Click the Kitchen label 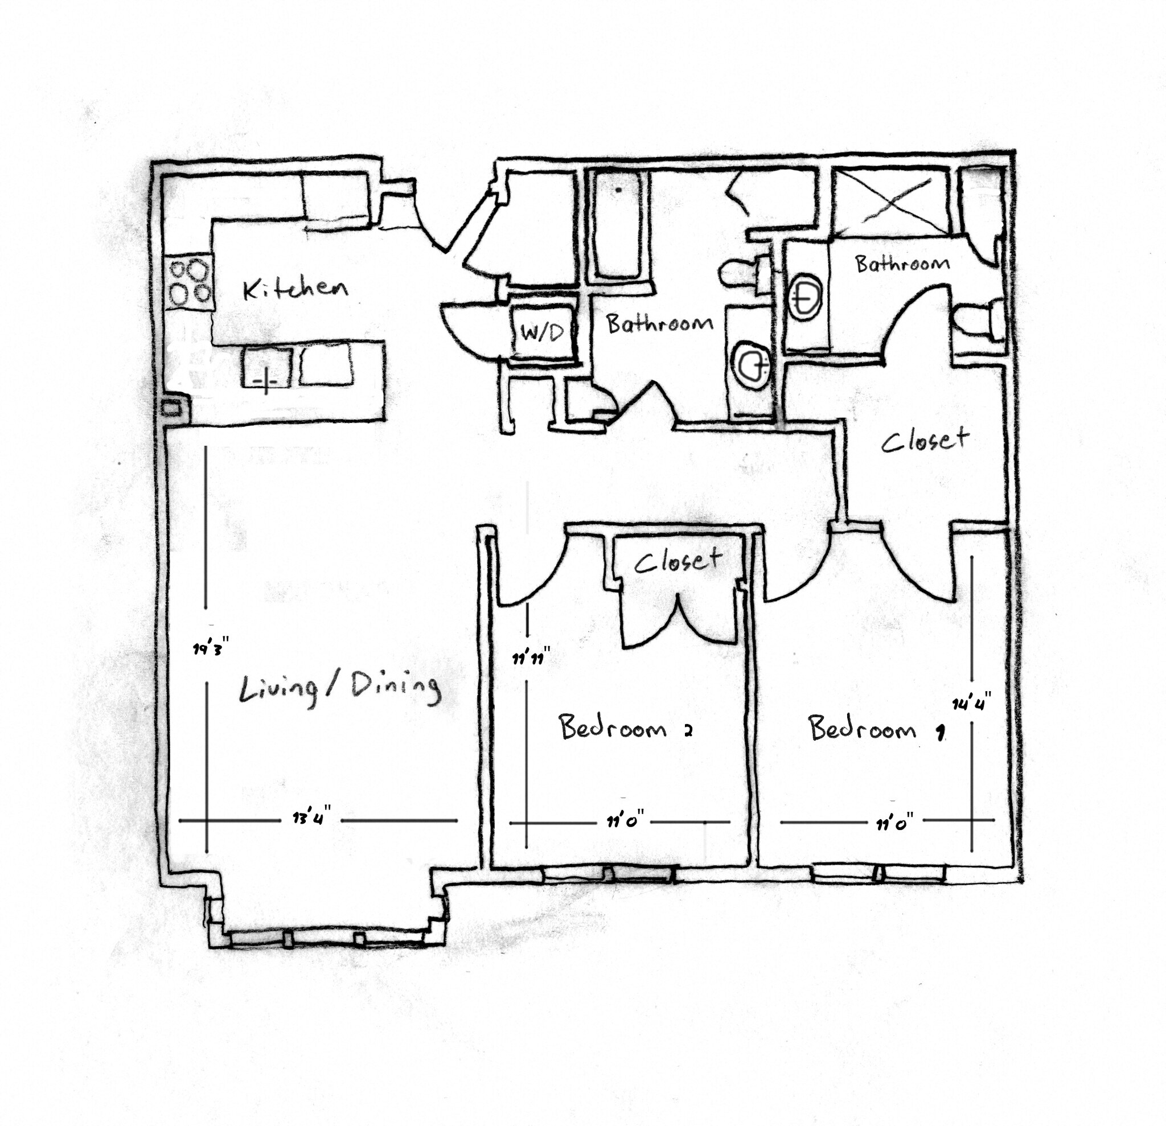tap(295, 289)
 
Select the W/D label tap(542, 332)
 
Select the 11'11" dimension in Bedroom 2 tap(530, 658)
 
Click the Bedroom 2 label tap(625, 728)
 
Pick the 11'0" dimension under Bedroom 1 tap(894, 823)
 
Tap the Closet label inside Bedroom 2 tap(678, 560)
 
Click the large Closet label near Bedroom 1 tap(925, 439)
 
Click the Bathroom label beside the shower tap(902, 264)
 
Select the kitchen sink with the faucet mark tap(266, 369)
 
